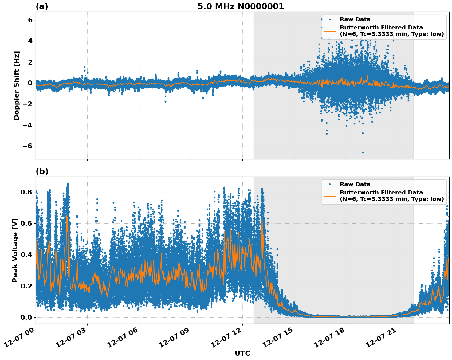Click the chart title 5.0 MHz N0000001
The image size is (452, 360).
pos(241,6)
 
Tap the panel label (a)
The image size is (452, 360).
pos(42,6)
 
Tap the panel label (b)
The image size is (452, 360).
pos(42,171)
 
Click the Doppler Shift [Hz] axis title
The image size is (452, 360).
pos(17,85)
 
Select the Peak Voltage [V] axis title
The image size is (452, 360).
pos(15,250)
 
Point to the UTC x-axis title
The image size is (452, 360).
pos(242,353)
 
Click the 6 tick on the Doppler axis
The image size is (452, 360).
pos(30,20)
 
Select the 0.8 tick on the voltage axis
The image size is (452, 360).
pos(26,192)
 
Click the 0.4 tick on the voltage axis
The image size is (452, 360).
pos(26,255)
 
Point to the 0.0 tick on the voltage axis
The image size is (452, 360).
pos(26,317)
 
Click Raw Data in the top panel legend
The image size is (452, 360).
pos(355,19)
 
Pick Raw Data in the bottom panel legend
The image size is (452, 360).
pos(355,184)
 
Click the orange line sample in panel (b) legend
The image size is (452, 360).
pos(329,196)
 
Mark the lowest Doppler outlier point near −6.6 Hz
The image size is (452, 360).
pos(363,152)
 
